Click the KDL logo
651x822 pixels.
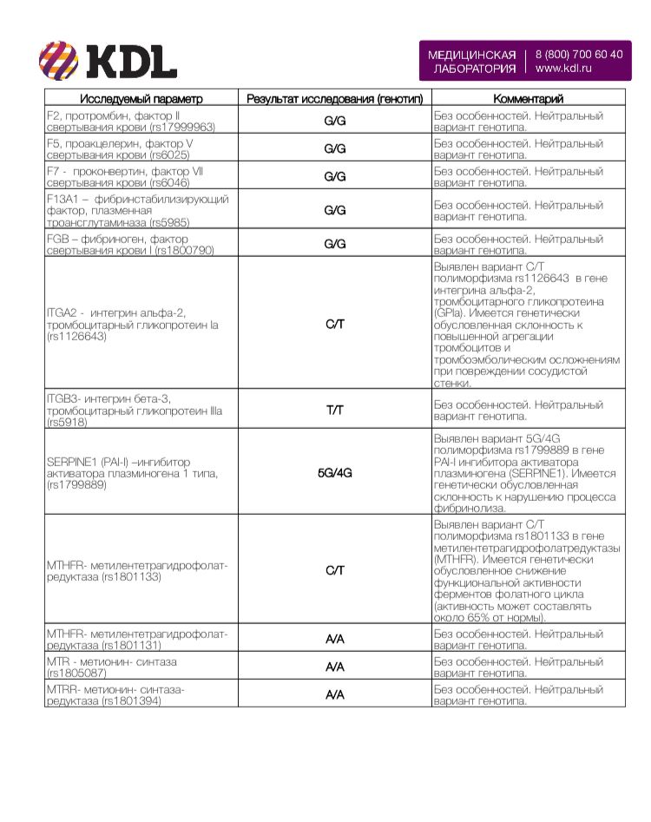click(108, 61)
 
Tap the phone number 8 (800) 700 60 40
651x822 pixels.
click(579, 54)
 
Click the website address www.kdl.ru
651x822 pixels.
click(563, 68)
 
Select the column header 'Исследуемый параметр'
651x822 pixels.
click(141, 99)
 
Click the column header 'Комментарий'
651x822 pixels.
click(528, 99)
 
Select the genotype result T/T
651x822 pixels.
click(334, 410)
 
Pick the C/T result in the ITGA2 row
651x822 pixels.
click(334, 325)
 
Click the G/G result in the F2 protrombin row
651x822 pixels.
click(334, 121)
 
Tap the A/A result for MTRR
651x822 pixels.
click(334, 694)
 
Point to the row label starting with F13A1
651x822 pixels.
click(137, 211)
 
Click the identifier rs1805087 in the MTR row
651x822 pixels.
click(77, 673)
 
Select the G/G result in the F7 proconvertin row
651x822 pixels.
click(334, 176)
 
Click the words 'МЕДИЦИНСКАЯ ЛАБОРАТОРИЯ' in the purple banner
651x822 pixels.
click(471, 61)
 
